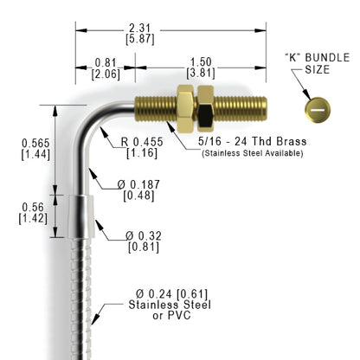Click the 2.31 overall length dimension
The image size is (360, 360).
coord(140,29)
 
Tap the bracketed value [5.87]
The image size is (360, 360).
coord(140,39)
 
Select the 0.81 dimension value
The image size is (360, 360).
coord(106,62)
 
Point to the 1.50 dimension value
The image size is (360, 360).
coord(201,62)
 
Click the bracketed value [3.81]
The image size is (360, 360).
coord(201,74)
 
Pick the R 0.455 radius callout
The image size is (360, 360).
coord(142,142)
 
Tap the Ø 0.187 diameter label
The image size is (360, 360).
coord(138,184)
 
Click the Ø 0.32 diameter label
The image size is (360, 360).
coord(144,236)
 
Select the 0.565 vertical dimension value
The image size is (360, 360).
coord(35,143)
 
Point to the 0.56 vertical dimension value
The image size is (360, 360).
coord(33,207)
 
